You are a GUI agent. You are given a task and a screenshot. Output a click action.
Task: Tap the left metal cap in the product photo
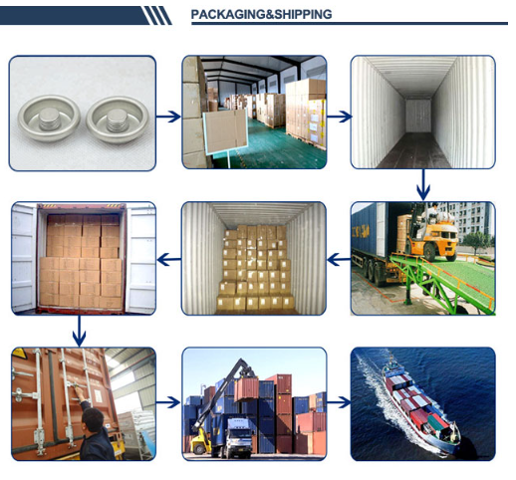click(x=49, y=119)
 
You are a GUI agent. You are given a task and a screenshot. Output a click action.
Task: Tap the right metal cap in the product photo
click(x=118, y=120)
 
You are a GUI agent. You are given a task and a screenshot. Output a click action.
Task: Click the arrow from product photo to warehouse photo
click(x=168, y=117)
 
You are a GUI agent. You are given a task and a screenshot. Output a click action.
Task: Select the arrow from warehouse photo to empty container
click(x=339, y=117)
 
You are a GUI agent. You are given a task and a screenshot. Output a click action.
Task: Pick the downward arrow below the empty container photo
click(x=423, y=185)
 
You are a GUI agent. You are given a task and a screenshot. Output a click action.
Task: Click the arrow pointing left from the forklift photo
click(x=339, y=259)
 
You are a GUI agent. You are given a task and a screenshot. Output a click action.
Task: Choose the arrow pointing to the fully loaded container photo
click(x=169, y=259)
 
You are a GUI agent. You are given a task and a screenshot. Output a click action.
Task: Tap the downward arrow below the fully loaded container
click(x=79, y=331)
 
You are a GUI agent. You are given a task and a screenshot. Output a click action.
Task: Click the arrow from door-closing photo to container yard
click(x=168, y=402)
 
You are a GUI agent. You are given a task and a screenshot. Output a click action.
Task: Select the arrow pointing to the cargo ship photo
click(x=339, y=402)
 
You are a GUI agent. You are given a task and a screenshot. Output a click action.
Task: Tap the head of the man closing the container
click(x=93, y=419)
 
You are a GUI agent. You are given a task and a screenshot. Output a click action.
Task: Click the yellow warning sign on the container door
click(x=19, y=354)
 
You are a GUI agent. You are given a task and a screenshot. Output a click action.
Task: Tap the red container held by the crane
click(x=246, y=389)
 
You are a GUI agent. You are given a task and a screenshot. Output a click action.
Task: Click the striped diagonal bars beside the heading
click(x=157, y=16)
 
